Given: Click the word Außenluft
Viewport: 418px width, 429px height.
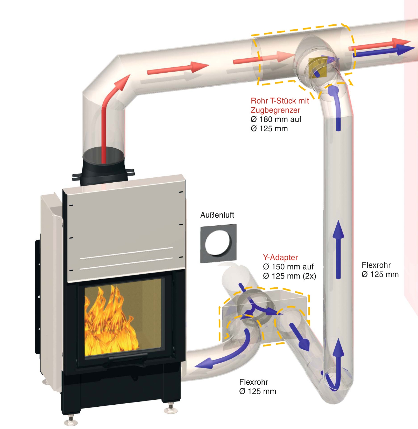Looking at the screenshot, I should pos(217,215).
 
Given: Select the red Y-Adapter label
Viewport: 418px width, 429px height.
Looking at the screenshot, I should pos(280,257).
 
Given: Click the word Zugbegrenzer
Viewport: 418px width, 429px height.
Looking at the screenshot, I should pos(275,110).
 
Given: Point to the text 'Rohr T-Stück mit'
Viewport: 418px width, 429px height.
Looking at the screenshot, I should pos(280,101).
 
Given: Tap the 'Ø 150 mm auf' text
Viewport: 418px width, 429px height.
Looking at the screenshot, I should pos(288,267).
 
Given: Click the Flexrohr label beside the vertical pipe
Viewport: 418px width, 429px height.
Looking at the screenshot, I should pos(376,265).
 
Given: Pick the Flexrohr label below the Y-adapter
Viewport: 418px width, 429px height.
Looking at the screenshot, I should pos(253,382).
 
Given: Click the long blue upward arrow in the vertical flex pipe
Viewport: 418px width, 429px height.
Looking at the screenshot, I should pos(338,249).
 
